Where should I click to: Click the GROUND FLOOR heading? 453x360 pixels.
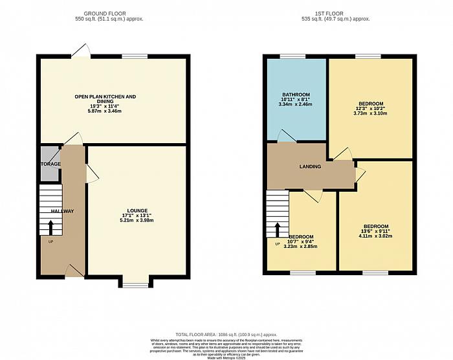click(x=113, y=13)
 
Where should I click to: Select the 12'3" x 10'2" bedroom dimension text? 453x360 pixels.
click(x=370, y=109)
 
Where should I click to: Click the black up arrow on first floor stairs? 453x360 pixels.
click(x=278, y=229)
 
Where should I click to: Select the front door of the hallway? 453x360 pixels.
click(x=74, y=271)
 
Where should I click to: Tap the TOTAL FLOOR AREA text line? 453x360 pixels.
click(x=225, y=332)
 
